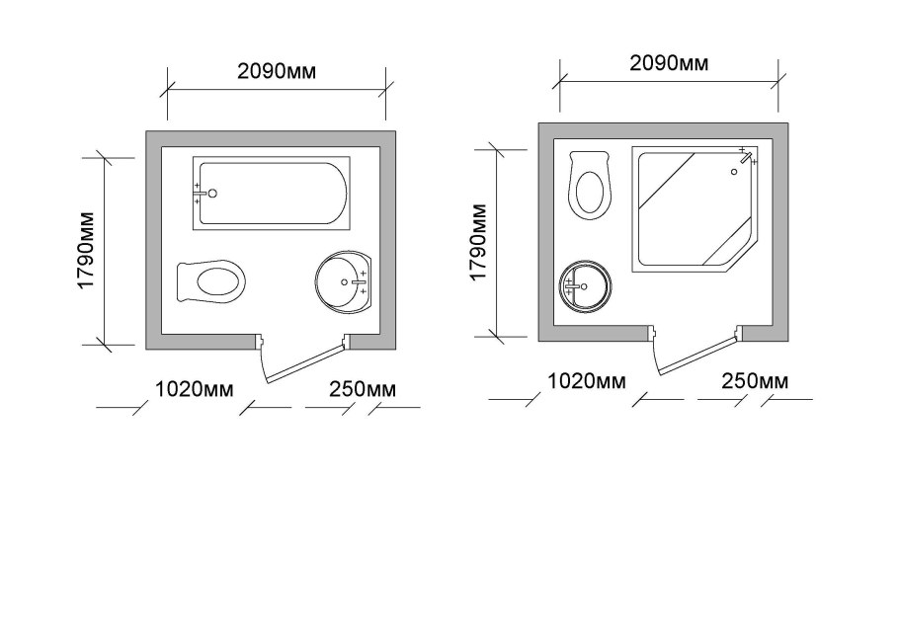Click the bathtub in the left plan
click(x=272, y=194)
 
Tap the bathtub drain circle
click(x=212, y=194)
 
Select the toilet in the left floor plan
click(x=211, y=281)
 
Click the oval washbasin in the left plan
click(x=344, y=281)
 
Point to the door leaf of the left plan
click(x=305, y=362)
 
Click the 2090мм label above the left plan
click(x=277, y=71)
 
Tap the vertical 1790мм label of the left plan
click(x=85, y=251)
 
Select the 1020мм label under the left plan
click(x=195, y=390)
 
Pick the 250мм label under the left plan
click(x=363, y=390)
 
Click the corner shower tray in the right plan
click(x=695, y=208)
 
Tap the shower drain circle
click(x=734, y=172)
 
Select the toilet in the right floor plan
click(x=590, y=185)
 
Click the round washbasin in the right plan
click(x=585, y=286)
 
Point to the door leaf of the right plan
click(x=697, y=356)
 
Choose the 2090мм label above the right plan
click(x=669, y=63)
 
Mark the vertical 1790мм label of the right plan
click(x=478, y=242)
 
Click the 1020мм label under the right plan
click(x=587, y=381)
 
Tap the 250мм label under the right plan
click(x=755, y=381)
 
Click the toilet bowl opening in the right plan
click(x=590, y=193)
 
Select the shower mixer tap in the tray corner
click(x=745, y=157)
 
